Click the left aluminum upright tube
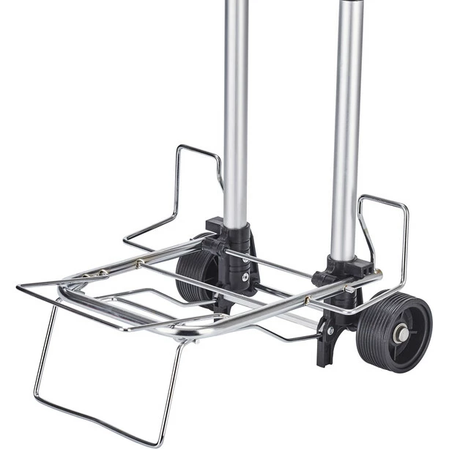pyautogui.click(x=235, y=110)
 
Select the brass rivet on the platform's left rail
pyautogui.click(x=137, y=263)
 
